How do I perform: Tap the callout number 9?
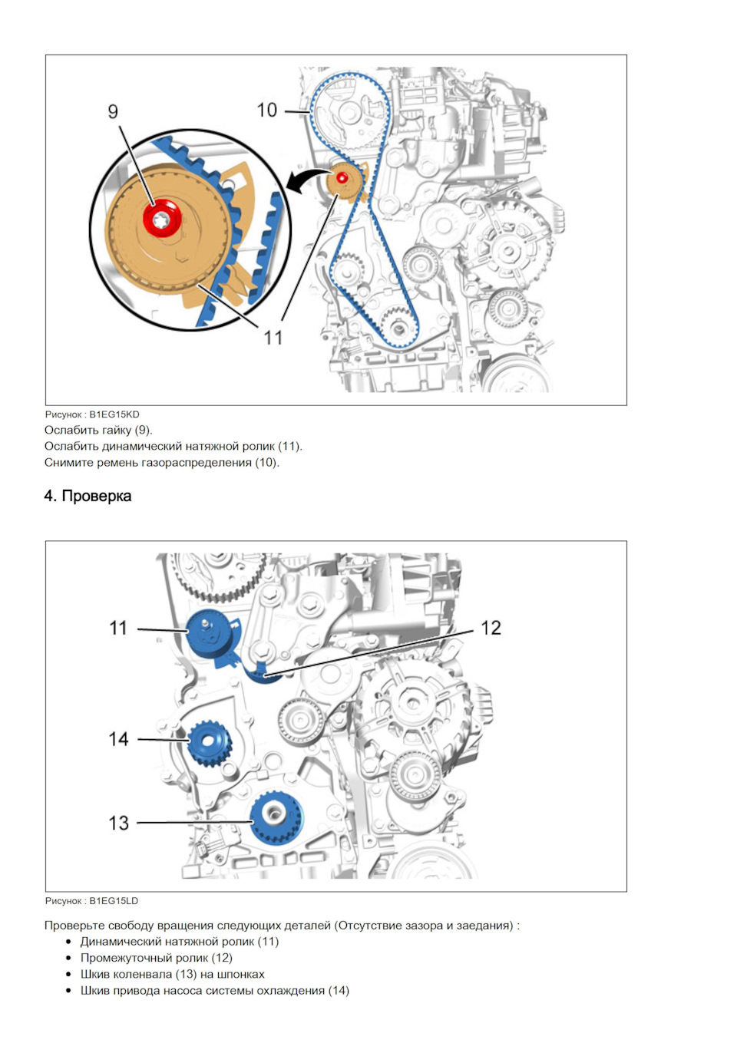(x=113, y=112)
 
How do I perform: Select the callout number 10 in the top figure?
(x=267, y=111)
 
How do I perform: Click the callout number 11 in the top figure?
(x=273, y=338)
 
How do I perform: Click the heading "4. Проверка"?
(x=88, y=497)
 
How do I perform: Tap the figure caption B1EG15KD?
(x=92, y=414)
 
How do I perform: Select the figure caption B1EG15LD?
(x=92, y=901)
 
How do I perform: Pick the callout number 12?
(x=491, y=628)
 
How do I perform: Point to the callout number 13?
(x=118, y=823)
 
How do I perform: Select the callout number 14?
(x=118, y=739)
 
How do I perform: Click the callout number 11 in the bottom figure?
(x=118, y=628)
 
